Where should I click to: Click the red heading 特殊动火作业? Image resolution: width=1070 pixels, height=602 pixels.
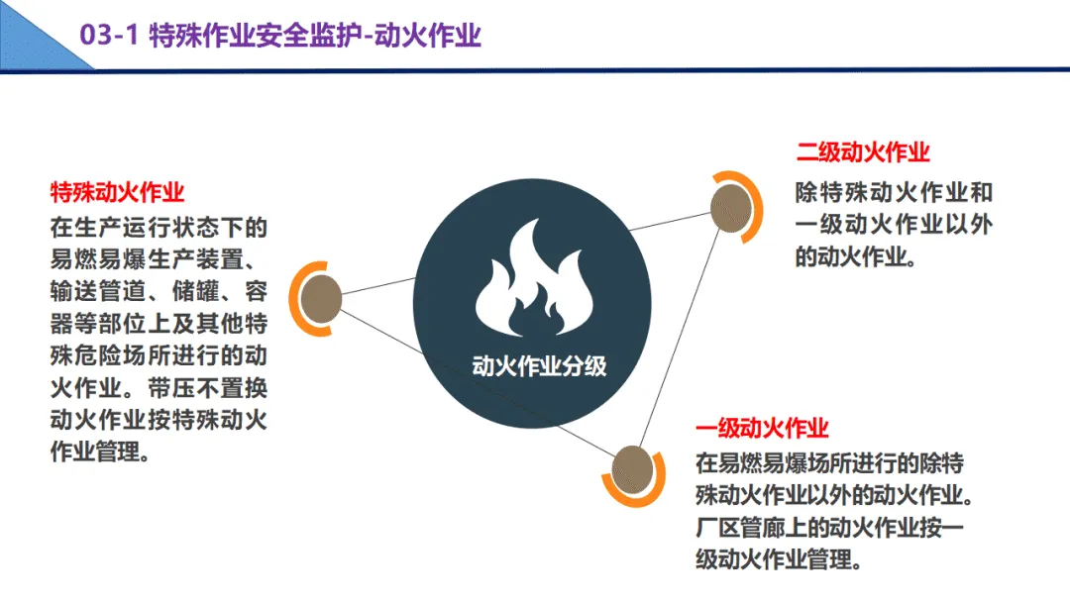(x=118, y=191)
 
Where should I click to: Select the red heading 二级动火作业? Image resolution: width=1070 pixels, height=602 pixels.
(x=863, y=152)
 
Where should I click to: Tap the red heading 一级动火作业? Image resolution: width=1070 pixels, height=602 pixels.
(x=762, y=429)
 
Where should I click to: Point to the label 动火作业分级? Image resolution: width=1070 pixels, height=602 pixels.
(x=538, y=365)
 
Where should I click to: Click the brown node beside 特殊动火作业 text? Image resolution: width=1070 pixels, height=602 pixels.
(x=321, y=297)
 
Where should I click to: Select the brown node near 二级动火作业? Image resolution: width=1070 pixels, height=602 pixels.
(x=733, y=206)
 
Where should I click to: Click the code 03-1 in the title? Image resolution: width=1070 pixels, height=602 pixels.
(x=108, y=37)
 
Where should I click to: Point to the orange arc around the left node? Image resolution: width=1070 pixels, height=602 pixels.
(x=294, y=297)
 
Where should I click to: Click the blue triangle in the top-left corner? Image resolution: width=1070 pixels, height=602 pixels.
(x=30, y=30)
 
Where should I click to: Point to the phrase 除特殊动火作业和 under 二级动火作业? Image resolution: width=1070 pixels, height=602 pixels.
(x=894, y=192)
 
